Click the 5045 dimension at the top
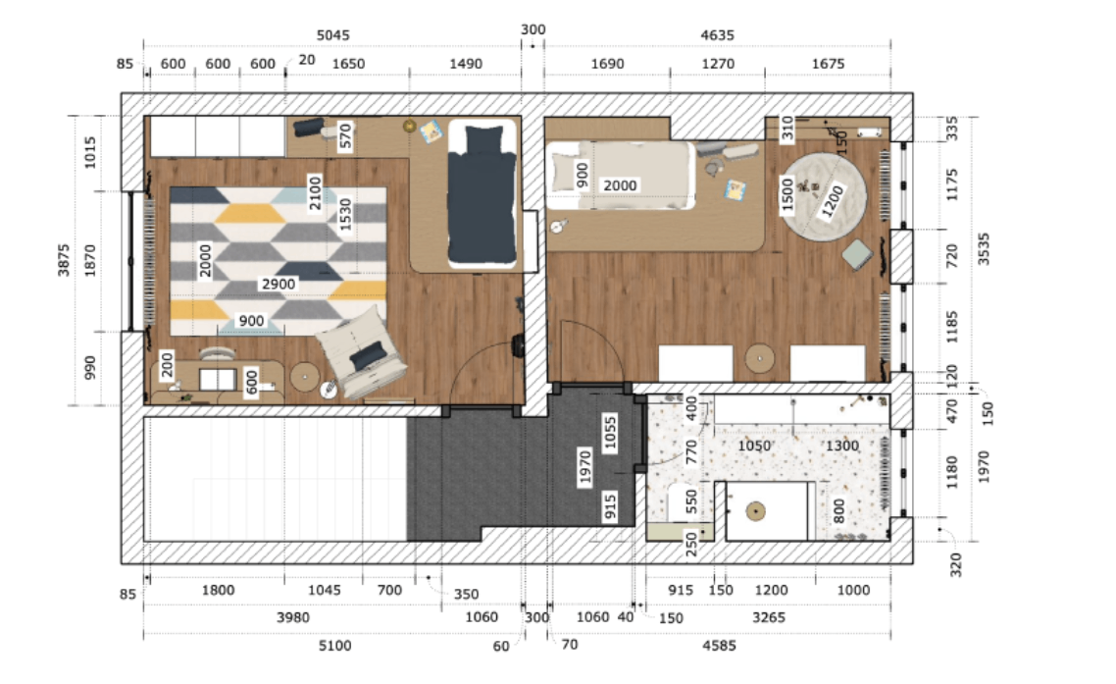point(333,35)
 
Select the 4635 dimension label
point(717,35)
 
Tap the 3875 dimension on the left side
point(64,259)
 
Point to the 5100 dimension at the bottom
point(334,646)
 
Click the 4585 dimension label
point(719,646)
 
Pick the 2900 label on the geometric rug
point(279,284)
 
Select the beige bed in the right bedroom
point(620,176)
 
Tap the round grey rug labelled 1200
point(824,196)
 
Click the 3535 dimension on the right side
point(983,248)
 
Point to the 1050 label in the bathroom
point(754,447)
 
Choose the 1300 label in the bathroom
point(842,447)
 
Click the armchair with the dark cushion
point(361,352)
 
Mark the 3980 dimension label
point(292,617)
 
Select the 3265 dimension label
point(769,617)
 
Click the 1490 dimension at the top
point(466,64)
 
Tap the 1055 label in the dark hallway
point(610,433)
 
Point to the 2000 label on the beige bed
point(620,185)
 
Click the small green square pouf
point(858,254)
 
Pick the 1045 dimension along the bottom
point(324,590)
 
